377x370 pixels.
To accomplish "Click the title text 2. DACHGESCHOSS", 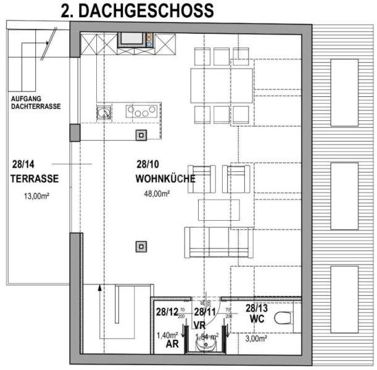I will (137, 10).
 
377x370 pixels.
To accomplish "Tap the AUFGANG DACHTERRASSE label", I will (36, 102).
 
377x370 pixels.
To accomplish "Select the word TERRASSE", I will (34, 179).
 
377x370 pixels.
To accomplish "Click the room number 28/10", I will (149, 165).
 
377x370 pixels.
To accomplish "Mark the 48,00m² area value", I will (157, 194).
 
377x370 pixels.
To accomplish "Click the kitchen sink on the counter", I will (104, 112).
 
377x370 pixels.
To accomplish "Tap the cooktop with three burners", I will (141, 112).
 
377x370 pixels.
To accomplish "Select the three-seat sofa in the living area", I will (218, 242).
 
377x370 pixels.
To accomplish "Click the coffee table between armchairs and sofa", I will (219, 209).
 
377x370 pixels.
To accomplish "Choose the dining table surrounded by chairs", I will (221, 85).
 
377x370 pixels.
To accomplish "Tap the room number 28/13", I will (256, 308).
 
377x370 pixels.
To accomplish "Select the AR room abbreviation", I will (172, 345).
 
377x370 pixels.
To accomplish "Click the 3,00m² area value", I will (257, 339).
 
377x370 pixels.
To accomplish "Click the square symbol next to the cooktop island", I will (141, 134).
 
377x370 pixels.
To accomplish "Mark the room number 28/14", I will (22, 165).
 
